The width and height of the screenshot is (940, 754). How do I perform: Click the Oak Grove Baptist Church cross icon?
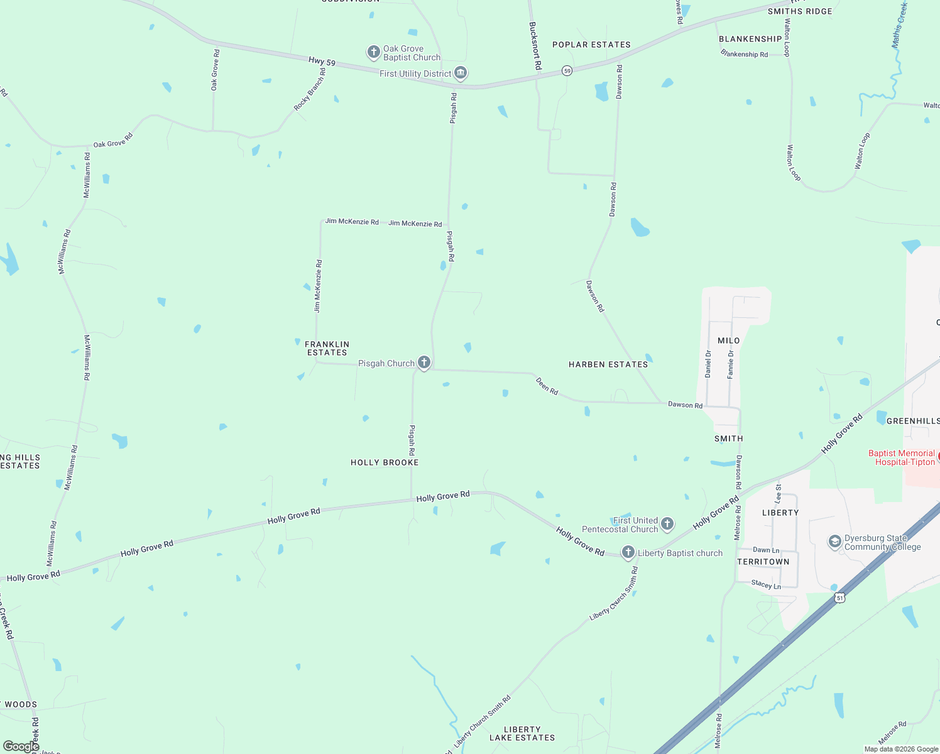point(374,52)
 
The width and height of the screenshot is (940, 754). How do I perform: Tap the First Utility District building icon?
point(461,74)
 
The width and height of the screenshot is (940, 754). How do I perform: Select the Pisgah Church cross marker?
point(424,363)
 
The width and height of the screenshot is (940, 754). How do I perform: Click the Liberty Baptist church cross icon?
point(628,552)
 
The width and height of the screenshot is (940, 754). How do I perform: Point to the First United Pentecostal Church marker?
point(667,523)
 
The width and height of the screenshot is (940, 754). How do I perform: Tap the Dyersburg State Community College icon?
point(834,542)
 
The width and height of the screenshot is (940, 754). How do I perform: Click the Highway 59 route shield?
point(567,71)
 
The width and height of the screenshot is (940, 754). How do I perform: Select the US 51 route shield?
point(840,598)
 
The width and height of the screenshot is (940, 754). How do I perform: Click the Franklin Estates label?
point(327,348)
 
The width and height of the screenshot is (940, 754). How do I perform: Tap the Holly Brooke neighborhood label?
point(385,462)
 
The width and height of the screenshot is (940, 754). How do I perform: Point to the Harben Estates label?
point(608,364)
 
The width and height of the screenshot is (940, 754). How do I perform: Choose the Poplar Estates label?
point(591,45)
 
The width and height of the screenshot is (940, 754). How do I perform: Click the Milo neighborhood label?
point(729,341)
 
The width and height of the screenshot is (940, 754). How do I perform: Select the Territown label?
point(763,562)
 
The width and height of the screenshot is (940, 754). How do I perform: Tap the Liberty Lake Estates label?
point(522,733)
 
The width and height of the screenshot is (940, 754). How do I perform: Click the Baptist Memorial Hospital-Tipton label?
point(902,457)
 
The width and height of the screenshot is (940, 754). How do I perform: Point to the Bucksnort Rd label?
point(535,46)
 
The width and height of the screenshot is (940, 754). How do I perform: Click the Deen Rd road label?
point(547,386)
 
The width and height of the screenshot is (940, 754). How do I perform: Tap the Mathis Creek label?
point(900,25)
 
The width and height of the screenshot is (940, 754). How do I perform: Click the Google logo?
point(21,746)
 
